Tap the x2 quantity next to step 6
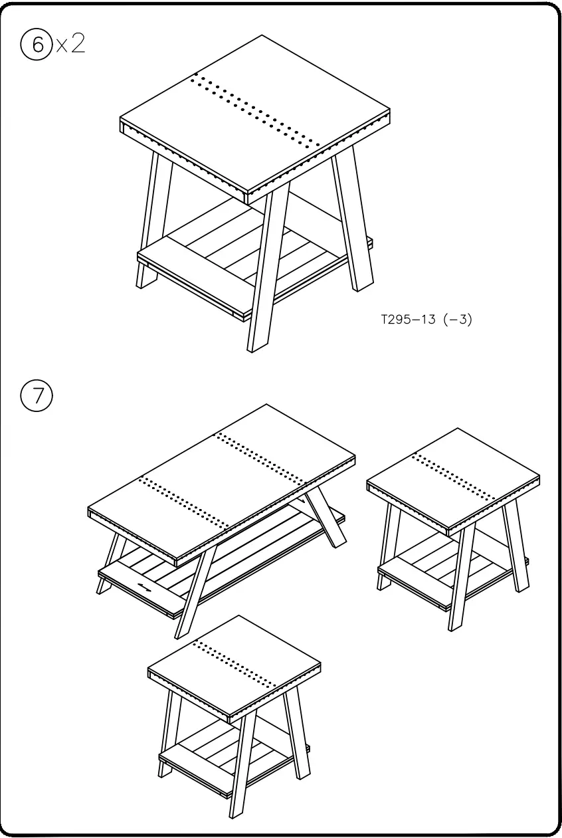click(71, 45)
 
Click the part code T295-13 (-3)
click(426, 320)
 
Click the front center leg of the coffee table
click(194, 591)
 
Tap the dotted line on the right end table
click(454, 476)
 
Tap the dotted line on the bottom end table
click(235, 664)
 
